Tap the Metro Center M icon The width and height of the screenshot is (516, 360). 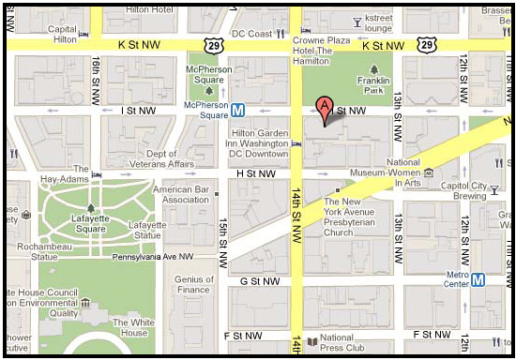pyautogui.click(x=478, y=278)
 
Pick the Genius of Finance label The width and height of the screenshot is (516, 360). pyautogui.click(x=194, y=285)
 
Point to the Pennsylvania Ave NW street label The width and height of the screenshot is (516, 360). pyautogui.click(x=153, y=256)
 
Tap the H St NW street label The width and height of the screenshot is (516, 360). pyautogui.click(x=256, y=173)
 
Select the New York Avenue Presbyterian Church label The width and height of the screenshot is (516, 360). pyautogui.click(x=351, y=217)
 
